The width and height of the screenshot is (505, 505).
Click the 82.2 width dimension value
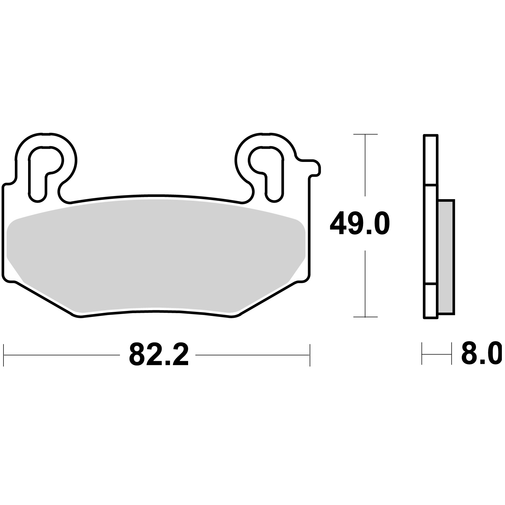(159, 355)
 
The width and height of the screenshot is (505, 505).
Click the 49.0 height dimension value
(360, 224)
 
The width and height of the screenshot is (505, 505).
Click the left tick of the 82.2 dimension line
(3, 355)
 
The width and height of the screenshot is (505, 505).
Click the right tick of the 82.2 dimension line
(310, 355)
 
